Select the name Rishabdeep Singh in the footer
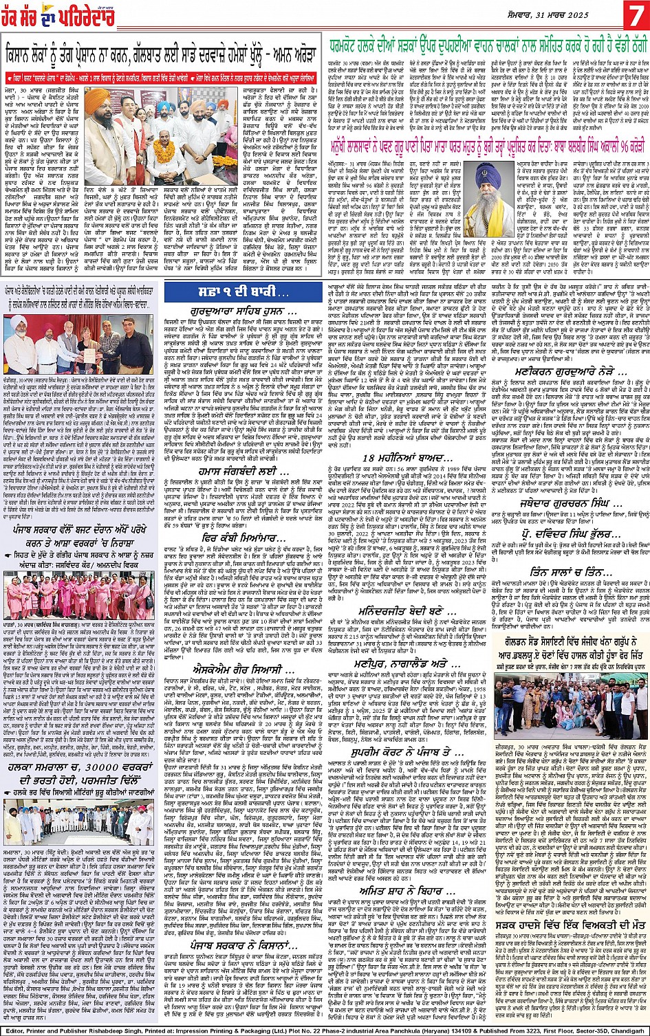(134, 1028)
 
